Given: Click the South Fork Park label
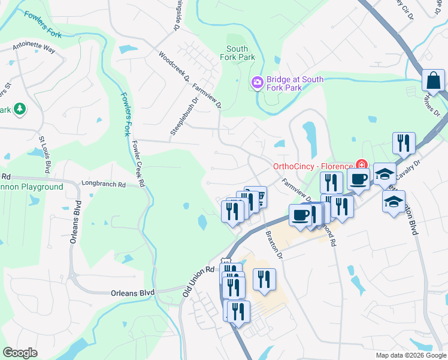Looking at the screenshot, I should (x=241, y=53).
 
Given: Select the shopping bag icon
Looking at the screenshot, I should (x=433, y=81).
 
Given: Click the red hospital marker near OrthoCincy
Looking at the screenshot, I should (x=361, y=164).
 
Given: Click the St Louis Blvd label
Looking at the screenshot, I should (x=44, y=155).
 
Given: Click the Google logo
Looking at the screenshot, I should (x=20, y=353).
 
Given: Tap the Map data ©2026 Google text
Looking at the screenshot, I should (x=410, y=355).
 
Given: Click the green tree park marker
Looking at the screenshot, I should (x=20, y=109).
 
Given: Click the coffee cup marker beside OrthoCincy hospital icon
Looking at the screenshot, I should (x=358, y=178).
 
